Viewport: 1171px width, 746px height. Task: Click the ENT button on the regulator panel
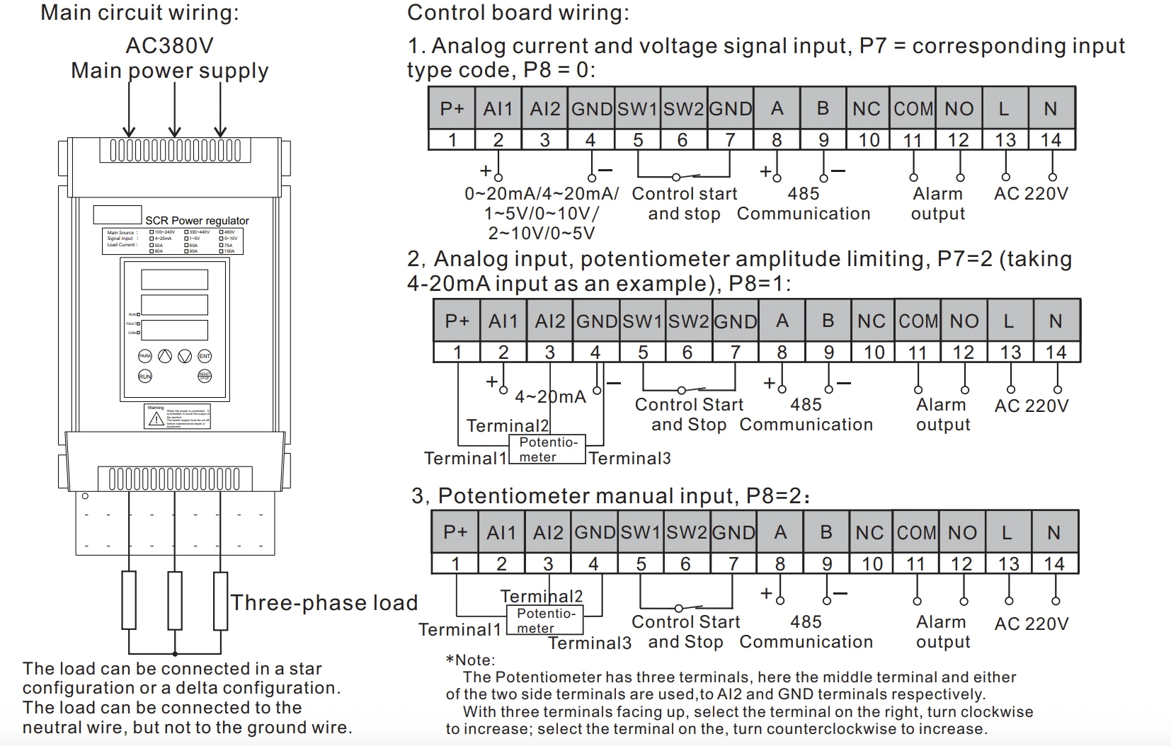205,356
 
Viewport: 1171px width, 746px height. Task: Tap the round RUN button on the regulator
145,376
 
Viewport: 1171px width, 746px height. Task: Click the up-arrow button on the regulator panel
164,356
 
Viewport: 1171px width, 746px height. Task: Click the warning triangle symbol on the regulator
156,419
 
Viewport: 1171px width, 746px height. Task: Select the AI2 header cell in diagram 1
544,109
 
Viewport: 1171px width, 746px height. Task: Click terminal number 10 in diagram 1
869,140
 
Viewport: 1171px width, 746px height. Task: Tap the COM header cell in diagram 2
918,321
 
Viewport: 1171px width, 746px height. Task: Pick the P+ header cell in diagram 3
455,532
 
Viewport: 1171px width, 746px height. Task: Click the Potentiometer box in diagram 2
547,449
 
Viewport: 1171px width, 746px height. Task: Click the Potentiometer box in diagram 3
544,621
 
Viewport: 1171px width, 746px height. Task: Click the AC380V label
169,46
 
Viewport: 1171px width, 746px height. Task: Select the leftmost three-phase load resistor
129,600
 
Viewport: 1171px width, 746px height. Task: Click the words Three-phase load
324,603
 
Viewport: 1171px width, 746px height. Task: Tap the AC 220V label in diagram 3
1031,624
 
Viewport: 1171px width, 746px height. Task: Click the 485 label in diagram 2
806,405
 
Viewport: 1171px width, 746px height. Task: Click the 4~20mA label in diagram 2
550,397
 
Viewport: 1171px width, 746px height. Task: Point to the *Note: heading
471,660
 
